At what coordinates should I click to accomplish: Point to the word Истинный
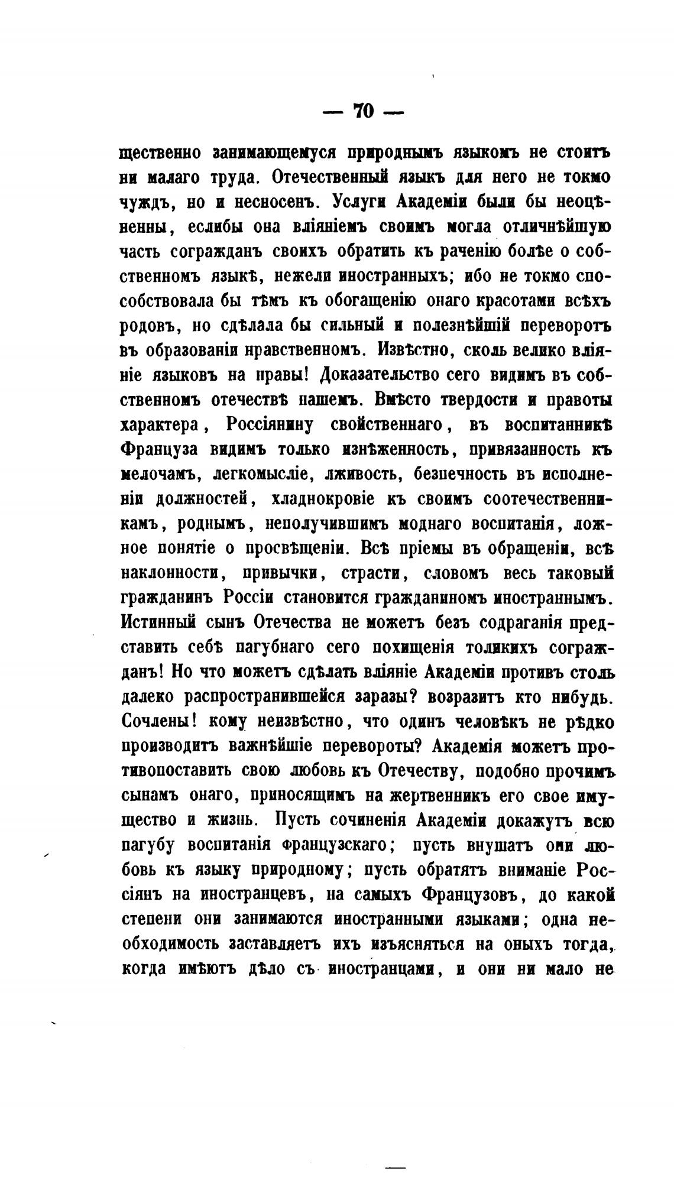click(158, 623)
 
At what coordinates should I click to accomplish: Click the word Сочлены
click(154, 722)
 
